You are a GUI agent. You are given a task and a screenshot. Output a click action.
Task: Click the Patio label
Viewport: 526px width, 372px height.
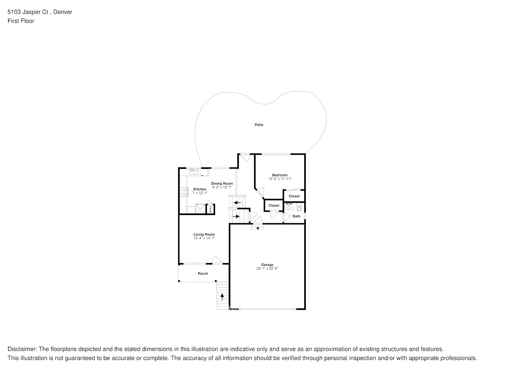click(x=259, y=125)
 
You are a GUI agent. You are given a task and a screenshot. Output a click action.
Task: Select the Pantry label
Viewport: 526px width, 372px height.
click(x=210, y=209)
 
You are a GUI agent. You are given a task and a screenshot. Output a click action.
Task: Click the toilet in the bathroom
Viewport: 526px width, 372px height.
click(x=299, y=206)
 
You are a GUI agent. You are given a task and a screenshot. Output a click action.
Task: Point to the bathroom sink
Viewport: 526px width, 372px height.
click(x=289, y=206)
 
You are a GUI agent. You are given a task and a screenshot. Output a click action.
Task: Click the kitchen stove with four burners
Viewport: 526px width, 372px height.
click(x=184, y=192)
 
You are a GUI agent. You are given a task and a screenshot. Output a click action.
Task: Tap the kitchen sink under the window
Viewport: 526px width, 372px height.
click(x=194, y=171)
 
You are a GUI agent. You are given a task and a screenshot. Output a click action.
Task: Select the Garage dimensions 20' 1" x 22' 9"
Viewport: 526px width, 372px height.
click(x=267, y=269)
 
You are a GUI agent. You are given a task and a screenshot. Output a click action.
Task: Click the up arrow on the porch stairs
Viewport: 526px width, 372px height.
click(x=222, y=296)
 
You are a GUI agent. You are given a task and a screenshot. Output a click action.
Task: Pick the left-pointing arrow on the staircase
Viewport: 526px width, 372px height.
click(x=237, y=203)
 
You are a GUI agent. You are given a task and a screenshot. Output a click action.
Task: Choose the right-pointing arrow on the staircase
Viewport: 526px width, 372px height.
click(x=236, y=216)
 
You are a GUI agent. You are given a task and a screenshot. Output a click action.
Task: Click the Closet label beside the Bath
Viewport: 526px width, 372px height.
click(x=294, y=196)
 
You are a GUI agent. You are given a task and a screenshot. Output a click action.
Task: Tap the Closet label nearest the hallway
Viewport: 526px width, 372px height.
click(x=274, y=205)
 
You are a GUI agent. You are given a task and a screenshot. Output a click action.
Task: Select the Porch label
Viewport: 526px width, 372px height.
click(x=203, y=273)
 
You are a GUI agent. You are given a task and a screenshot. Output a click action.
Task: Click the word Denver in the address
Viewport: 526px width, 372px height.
click(x=63, y=12)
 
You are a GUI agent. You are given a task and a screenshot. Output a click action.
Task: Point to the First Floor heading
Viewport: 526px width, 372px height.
click(x=21, y=21)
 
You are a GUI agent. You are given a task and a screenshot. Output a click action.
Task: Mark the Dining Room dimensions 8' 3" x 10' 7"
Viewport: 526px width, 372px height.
click(x=222, y=187)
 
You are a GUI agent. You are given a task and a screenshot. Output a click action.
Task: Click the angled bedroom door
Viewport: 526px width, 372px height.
click(x=260, y=192)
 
